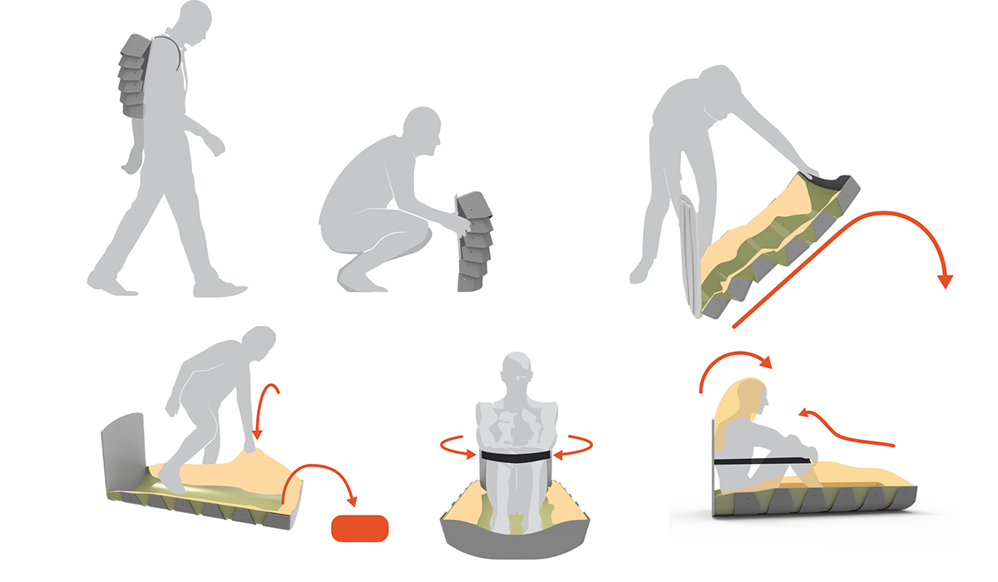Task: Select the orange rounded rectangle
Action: (359, 528)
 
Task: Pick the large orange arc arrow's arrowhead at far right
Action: (944, 279)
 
